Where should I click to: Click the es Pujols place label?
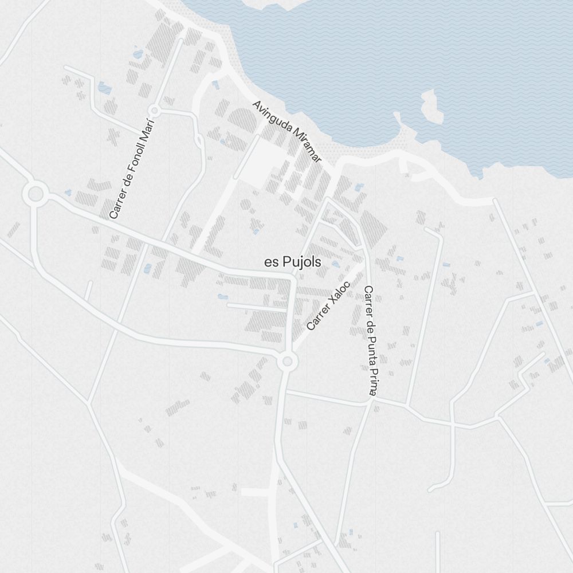[293, 262]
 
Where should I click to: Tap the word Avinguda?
[273, 119]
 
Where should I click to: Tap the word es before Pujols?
[270, 262]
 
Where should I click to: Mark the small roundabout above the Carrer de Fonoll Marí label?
[154, 110]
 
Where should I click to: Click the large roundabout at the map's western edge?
[35, 194]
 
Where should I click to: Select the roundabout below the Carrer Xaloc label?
[287, 362]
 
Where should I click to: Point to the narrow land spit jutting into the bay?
[399, 123]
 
